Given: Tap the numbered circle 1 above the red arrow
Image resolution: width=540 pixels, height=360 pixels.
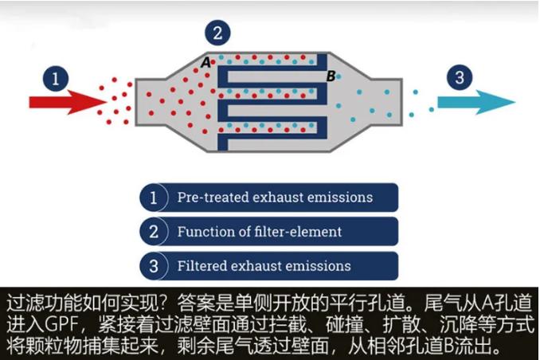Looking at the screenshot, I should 54,78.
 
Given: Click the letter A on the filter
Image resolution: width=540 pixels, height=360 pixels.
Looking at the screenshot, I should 205,61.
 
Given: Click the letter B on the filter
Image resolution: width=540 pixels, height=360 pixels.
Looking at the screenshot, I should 331,76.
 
